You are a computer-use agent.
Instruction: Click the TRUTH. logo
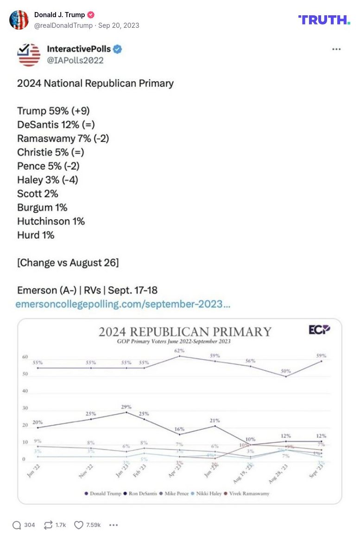[x=324, y=19]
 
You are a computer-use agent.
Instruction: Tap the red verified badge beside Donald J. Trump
[x=91, y=15]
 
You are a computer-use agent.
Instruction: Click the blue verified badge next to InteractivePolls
[x=118, y=49]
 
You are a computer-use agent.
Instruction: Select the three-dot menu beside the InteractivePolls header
[x=336, y=49]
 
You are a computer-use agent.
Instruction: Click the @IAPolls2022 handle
[x=75, y=60]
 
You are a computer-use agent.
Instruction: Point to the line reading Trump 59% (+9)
[x=53, y=111]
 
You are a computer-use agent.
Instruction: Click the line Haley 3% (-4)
[x=47, y=180]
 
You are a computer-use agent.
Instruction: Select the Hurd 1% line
[x=36, y=235]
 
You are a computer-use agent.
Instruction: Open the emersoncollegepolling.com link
[x=123, y=304]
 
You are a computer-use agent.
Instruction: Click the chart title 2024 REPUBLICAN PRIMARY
[x=185, y=331]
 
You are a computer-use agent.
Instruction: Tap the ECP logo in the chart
[x=319, y=330]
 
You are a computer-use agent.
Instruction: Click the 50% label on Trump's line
[x=286, y=371]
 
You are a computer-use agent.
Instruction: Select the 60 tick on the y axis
[x=25, y=357]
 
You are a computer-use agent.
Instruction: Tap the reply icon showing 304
[x=17, y=525]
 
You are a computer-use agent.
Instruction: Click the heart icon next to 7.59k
[x=79, y=525]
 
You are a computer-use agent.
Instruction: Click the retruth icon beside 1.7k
[x=48, y=525]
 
